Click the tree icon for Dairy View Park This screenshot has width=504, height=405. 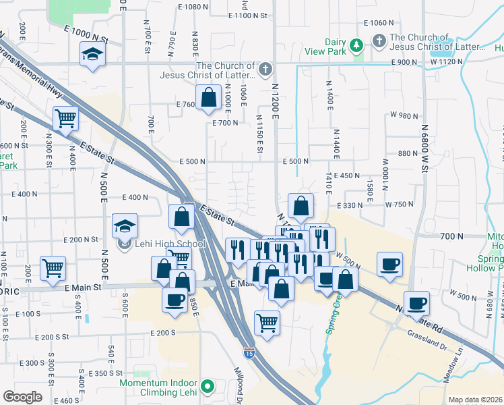tap(356, 45)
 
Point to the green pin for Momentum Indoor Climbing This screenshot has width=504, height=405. tap(208, 387)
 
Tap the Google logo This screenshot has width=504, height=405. tap(22, 396)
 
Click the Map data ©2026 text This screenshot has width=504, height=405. tap(474, 400)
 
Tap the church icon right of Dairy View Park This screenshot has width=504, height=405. tap(379, 40)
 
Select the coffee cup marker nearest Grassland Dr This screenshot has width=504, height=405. tap(416, 302)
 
